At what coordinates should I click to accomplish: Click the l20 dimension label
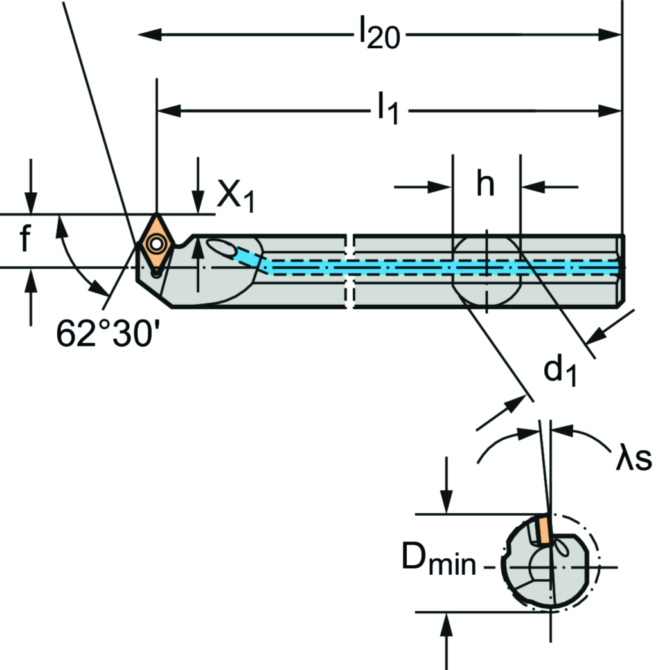(378, 36)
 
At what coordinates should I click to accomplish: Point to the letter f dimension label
(24, 240)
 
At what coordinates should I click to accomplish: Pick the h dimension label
(486, 186)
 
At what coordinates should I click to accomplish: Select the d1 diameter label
(560, 372)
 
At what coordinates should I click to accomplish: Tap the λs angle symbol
(634, 458)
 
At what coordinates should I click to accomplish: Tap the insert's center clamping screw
(156, 244)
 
